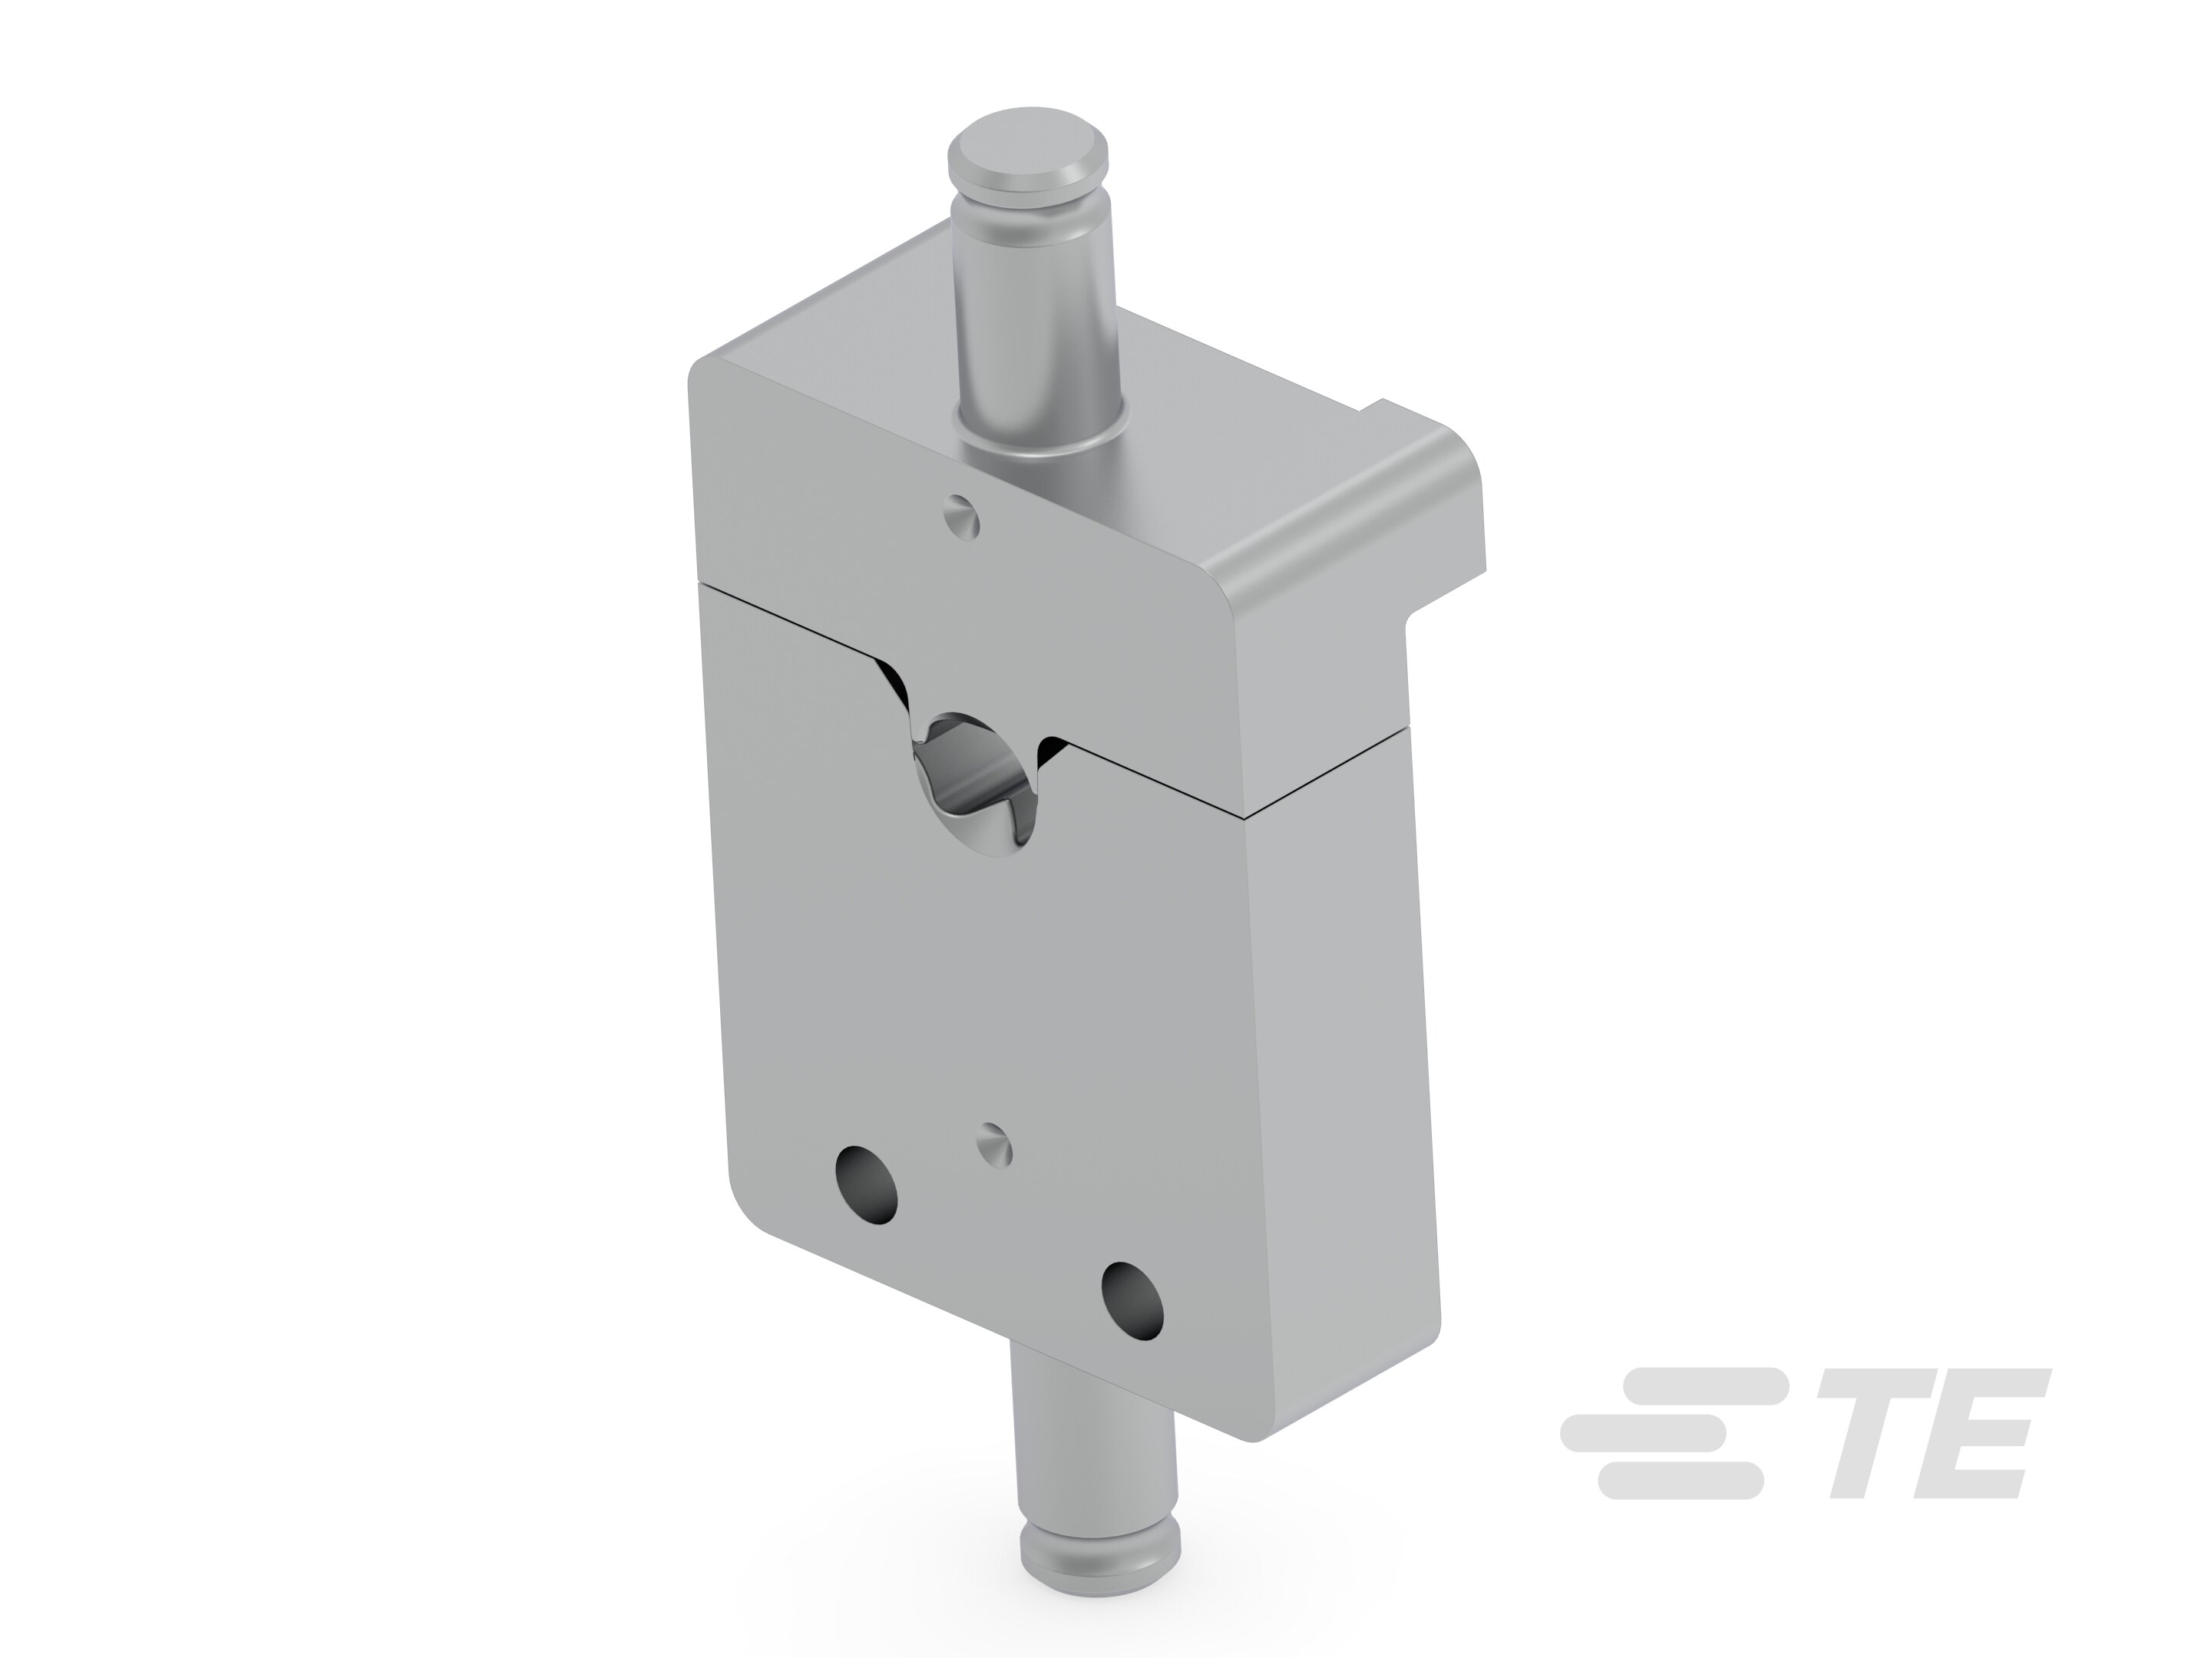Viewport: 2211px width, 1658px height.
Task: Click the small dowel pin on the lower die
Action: point(994,1142)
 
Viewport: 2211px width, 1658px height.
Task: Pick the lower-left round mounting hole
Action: point(867,1185)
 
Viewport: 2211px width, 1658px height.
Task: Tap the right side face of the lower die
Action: point(1340,1099)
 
